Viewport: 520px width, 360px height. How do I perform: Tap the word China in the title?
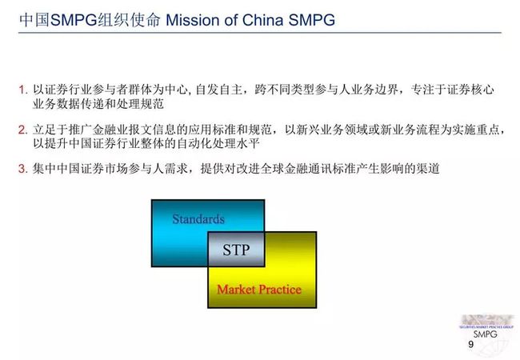[x=262, y=20]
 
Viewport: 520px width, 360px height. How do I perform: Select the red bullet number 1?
[x=23, y=90]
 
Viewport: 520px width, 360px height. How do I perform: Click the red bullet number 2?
[x=23, y=130]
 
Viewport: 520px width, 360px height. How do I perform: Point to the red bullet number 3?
[x=23, y=169]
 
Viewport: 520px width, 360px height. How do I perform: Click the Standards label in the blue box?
[x=198, y=219]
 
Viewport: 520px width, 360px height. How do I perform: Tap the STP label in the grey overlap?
[x=236, y=250]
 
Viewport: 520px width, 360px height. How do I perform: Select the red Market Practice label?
[x=259, y=290]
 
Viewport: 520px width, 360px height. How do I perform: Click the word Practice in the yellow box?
[x=280, y=290]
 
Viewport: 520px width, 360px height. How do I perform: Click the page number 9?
[x=471, y=345]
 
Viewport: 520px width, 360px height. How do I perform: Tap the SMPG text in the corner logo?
[x=485, y=334]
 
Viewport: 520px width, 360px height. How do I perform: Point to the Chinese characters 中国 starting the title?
[x=34, y=20]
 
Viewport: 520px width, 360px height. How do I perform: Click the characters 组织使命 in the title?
[x=129, y=20]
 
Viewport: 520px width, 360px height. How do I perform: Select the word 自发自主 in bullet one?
[x=219, y=90]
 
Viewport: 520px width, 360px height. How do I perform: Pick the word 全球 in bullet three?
[x=272, y=169]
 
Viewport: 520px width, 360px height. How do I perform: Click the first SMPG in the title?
[x=74, y=20]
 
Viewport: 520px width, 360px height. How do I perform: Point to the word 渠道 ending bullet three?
[x=428, y=169]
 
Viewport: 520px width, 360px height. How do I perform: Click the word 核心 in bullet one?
[x=482, y=90]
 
